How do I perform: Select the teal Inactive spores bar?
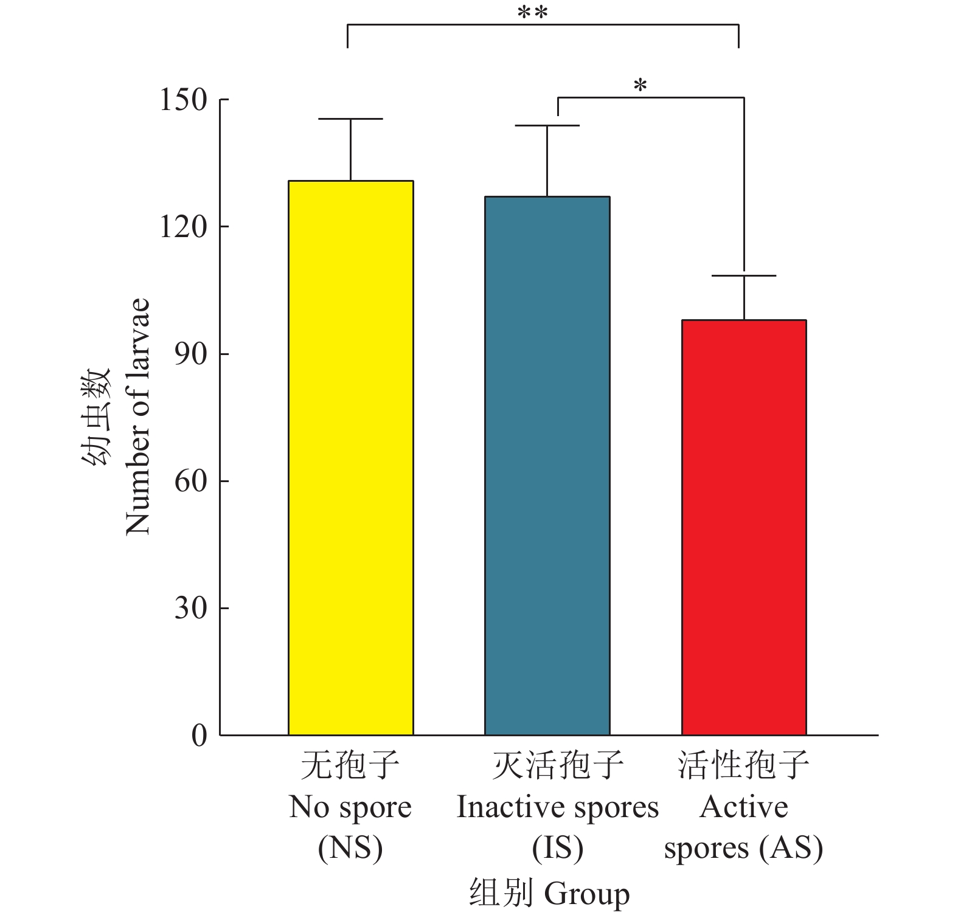click(x=547, y=465)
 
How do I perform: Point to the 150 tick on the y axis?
click(x=183, y=100)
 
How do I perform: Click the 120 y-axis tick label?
click(x=183, y=227)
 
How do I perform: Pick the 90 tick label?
click(x=190, y=354)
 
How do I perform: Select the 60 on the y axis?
click(x=190, y=481)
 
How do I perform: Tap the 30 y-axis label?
click(x=190, y=608)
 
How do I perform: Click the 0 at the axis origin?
click(x=199, y=736)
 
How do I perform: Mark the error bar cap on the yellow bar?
click(x=351, y=119)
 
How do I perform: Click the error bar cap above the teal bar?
click(x=547, y=125)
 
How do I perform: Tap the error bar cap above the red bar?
click(x=744, y=276)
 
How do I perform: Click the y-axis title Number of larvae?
click(x=137, y=417)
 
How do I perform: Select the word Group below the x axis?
click(x=587, y=894)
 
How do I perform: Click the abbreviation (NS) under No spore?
click(x=350, y=848)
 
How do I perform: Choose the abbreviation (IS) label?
click(x=558, y=848)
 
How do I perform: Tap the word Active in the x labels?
click(x=744, y=807)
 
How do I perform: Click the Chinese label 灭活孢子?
click(x=558, y=765)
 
